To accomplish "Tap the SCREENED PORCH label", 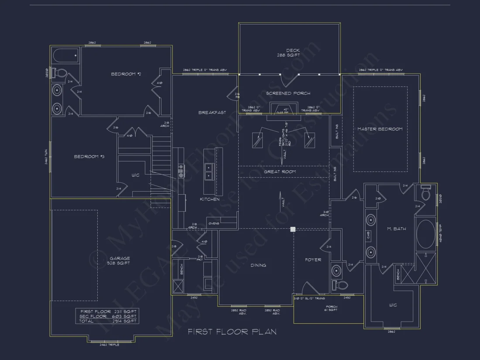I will point(288,93).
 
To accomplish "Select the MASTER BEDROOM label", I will point(380,129).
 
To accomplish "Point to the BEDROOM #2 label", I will point(126,74).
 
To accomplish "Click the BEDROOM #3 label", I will point(89,157).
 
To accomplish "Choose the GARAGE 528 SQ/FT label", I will point(119,261).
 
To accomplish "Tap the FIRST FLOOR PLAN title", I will point(232,332).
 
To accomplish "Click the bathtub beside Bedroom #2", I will point(66,56).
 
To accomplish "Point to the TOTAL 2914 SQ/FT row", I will point(108,321).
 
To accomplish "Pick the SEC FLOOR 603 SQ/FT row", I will point(108,316).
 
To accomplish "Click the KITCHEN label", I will point(209,199).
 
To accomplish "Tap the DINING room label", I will point(258,265).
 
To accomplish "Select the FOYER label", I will point(313,260).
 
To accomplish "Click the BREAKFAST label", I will point(212,113).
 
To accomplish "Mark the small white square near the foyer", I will point(293,229).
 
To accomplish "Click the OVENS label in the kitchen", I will point(213,223).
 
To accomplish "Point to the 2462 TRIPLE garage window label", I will point(109,345).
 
